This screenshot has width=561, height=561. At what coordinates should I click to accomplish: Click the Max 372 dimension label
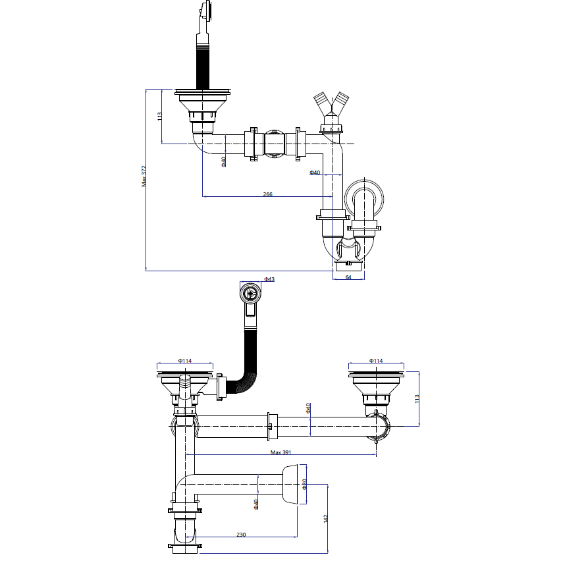click(x=144, y=176)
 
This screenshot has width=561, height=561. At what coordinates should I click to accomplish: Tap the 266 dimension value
click(x=267, y=194)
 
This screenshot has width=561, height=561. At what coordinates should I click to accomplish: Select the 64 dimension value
click(x=348, y=277)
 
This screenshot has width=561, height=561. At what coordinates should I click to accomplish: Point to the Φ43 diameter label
click(x=269, y=279)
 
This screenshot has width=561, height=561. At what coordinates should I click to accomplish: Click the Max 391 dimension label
click(x=281, y=452)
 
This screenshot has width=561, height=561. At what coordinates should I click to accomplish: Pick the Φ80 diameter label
click(x=304, y=484)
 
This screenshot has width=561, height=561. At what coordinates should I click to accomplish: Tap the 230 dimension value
click(x=241, y=535)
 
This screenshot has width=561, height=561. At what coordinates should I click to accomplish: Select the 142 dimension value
click(x=325, y=519)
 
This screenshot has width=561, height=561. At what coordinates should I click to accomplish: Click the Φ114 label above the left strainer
click(x=185, y=361)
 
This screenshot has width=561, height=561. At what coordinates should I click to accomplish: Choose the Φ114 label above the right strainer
click(x=376, y=361)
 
